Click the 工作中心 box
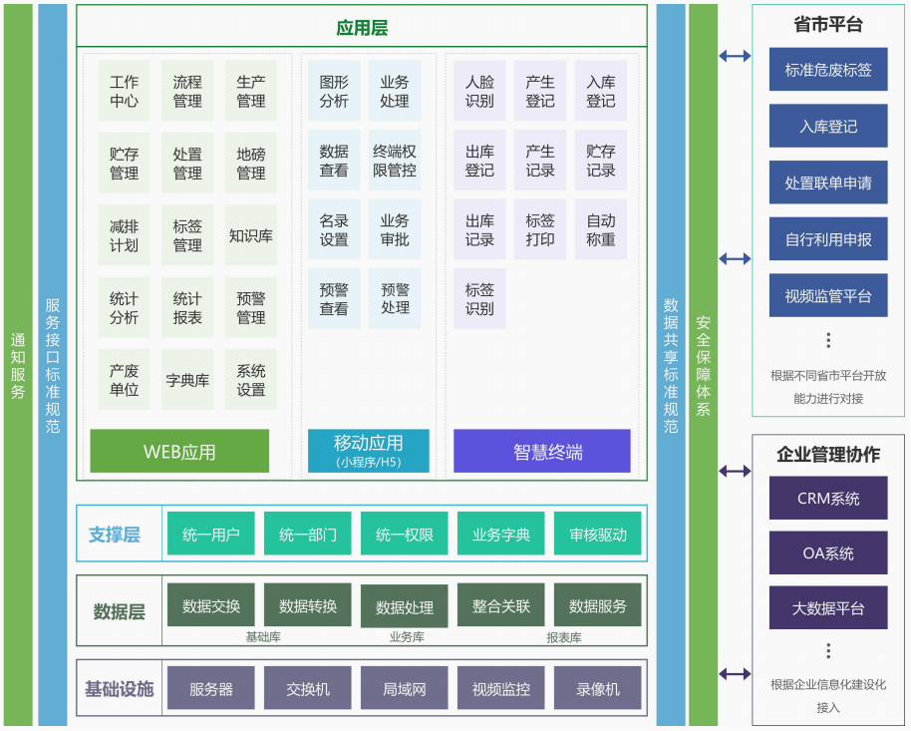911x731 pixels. click(124, 92)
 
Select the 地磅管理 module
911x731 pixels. click(250, 164)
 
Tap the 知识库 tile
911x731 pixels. click(250, 235)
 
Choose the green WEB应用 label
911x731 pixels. click(179, 451)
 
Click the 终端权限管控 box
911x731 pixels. click(395, 161)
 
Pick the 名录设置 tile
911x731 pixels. click(334, 230)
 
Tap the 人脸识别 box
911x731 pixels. click(479, 92)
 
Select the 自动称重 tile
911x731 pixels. click(600, 230)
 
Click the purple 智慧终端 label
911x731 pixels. click(542, 451)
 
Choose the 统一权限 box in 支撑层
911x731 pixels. click(405, 535)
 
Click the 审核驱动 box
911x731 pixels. click(598, 535)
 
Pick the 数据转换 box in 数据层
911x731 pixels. click(308, 605)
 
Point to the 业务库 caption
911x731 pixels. click(407, 637)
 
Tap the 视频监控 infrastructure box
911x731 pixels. click(501, 688)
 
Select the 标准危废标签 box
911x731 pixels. click(828, 70)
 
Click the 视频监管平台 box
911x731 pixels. click(828, 295)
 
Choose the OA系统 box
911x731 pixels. click(828, 552)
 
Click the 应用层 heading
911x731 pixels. click(362, 28)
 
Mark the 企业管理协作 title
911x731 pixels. click(828, 455)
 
